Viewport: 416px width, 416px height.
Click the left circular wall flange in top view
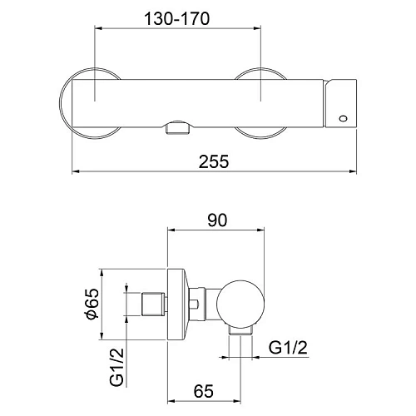tap(87, 104)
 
